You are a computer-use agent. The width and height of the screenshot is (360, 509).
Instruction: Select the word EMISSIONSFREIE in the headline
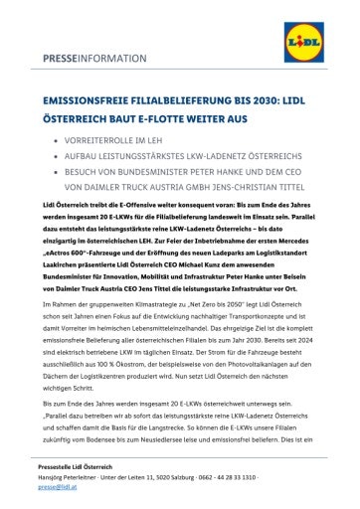(x=84, y=100)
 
